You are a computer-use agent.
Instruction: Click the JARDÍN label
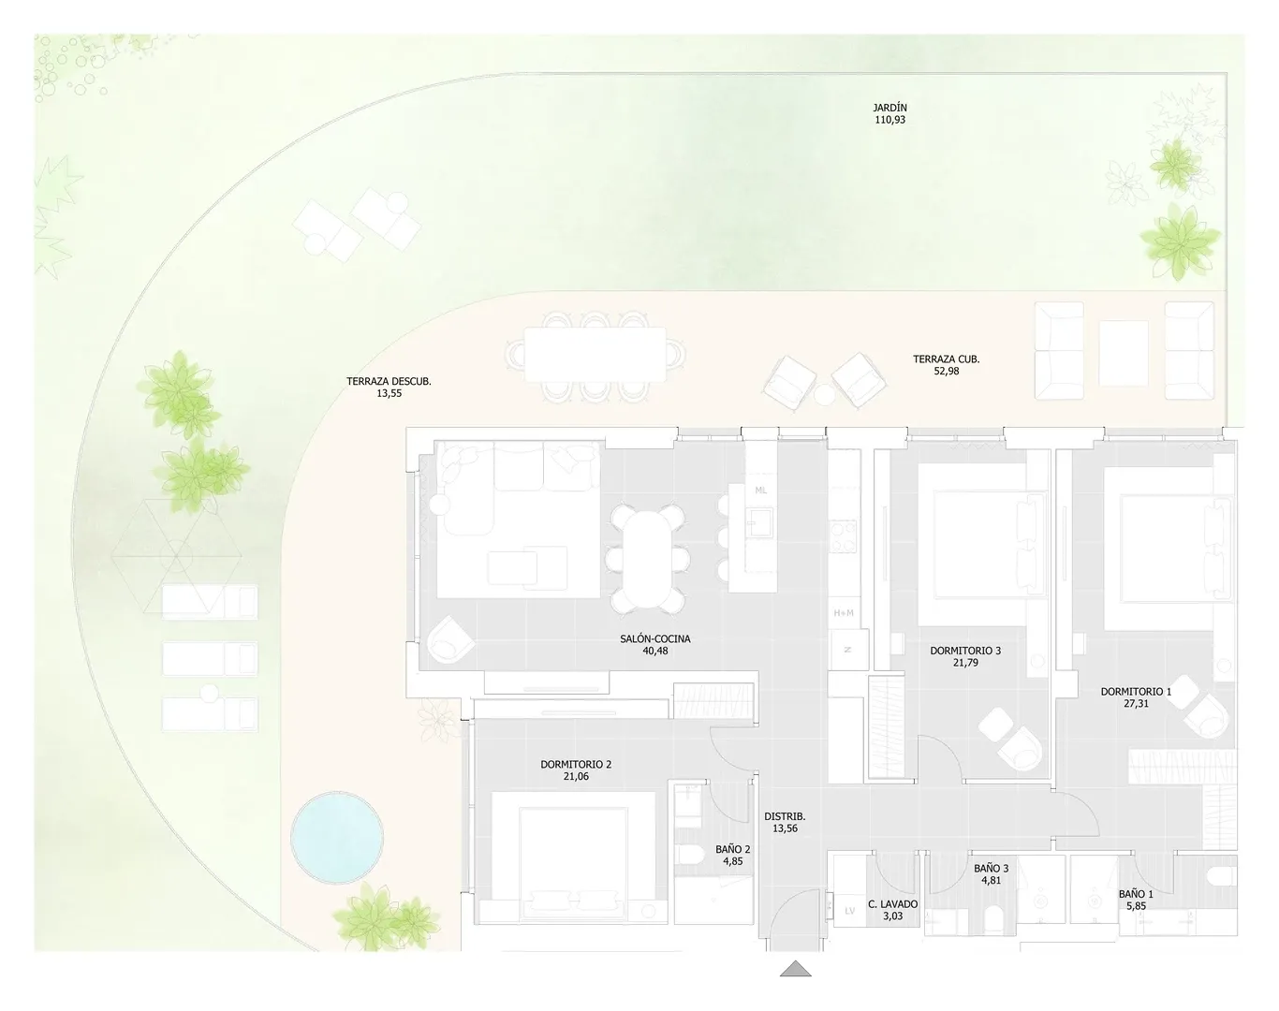tap(889, 108)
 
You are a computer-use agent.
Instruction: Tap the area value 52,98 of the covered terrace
tap(947, 371)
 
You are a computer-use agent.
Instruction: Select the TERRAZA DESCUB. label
tap(389, 382)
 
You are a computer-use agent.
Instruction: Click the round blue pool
tap(337, 837)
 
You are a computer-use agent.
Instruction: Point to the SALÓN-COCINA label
tap(655, 639)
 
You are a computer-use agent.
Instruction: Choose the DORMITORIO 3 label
tap(965, 651)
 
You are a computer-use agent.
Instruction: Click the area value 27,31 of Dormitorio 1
tap(1136, 703)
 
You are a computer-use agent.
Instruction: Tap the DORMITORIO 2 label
tap(576, 765)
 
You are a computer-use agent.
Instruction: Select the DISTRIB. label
tap(785, 816)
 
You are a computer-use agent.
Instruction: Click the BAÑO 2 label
tap(733, 849)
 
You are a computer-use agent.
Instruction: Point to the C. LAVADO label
tap(892, 904)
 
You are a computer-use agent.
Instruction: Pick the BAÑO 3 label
tap(991, 869)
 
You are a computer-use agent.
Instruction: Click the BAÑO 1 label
tap(1136, 894)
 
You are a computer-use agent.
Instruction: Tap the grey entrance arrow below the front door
tap(795, 969)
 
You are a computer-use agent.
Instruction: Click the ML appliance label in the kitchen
tap(760, 491)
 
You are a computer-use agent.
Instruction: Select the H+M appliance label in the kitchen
tap(844, 613)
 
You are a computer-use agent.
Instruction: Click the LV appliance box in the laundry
tap(850, 910)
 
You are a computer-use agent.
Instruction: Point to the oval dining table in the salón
tap(647, 559)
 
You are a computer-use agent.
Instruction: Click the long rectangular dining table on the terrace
tap(595, 354)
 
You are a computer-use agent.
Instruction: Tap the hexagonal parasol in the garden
tap(177, 556)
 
